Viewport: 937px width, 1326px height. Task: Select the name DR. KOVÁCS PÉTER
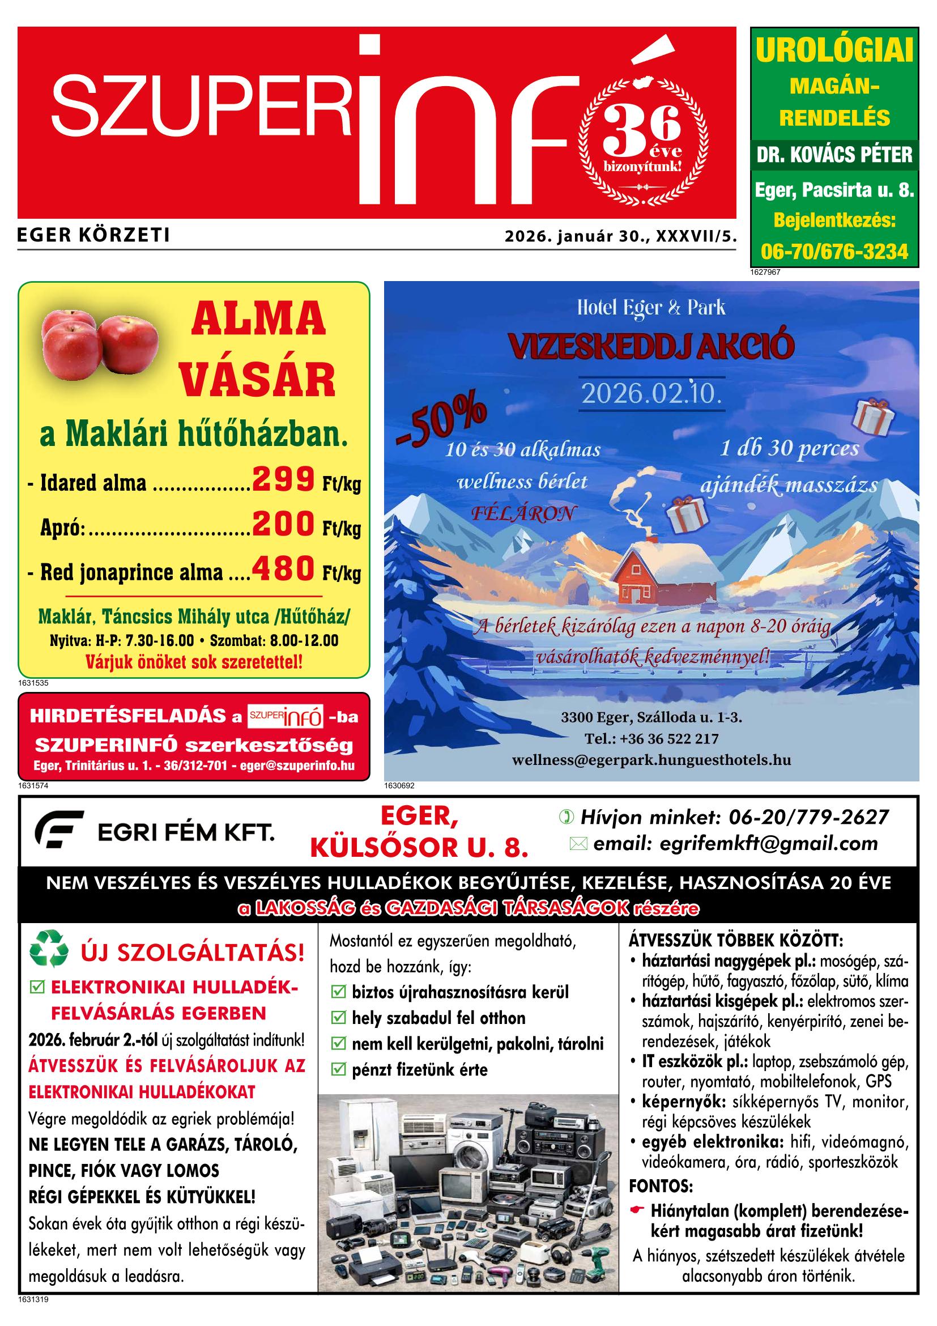[834, 155]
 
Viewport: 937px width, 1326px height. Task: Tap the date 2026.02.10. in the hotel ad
[651, 394]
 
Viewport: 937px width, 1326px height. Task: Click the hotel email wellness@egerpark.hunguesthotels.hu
[651, 760]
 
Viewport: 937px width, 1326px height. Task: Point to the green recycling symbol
[49, 952]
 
